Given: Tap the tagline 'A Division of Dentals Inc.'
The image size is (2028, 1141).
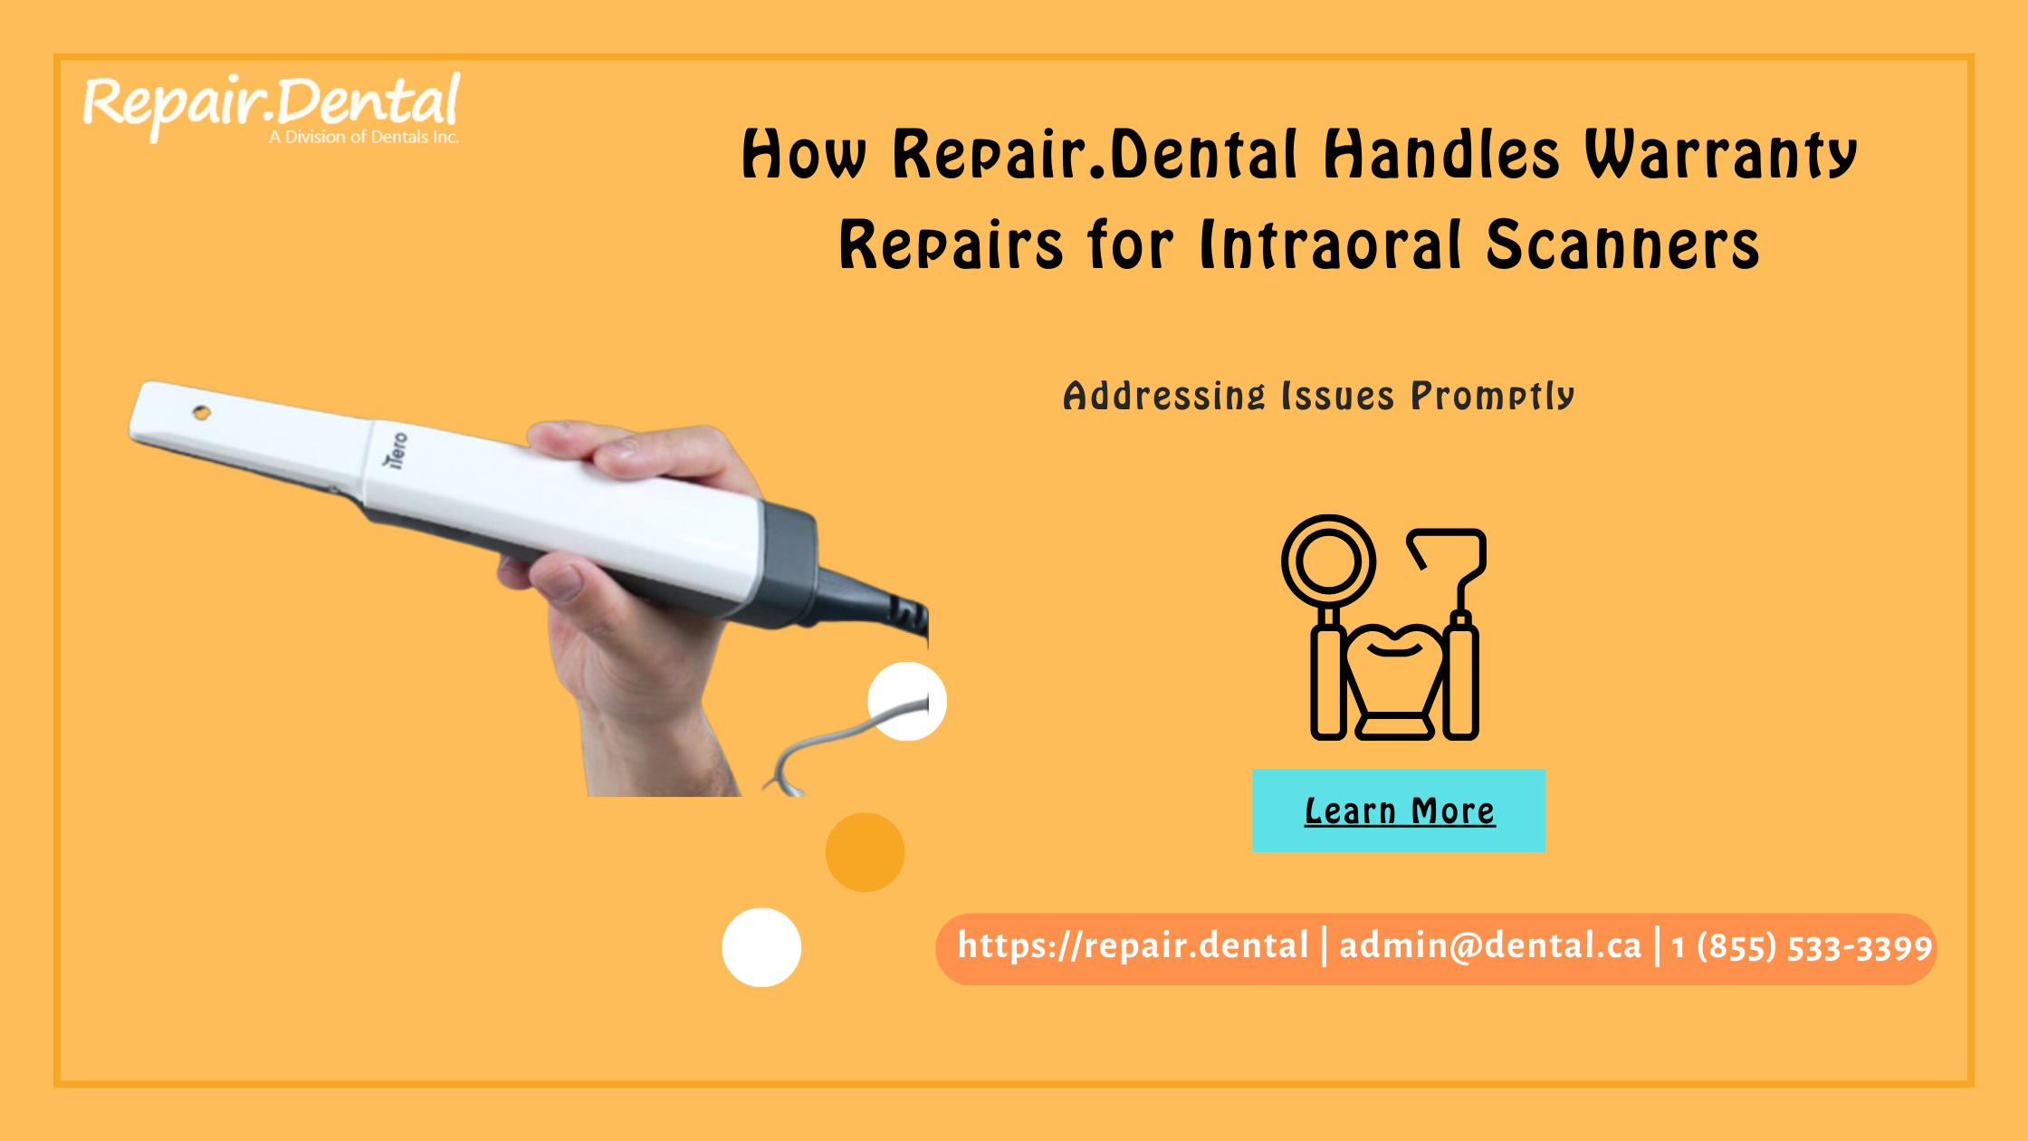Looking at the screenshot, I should [x=364, y=138].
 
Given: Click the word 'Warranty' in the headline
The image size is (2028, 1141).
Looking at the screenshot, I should [x=1720, y=154].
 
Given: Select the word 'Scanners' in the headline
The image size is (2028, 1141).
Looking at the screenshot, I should [x=1622, y=244].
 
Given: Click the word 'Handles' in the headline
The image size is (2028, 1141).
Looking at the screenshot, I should [x=1441, y=154].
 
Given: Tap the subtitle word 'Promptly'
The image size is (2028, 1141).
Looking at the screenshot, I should [x=1493, y=397].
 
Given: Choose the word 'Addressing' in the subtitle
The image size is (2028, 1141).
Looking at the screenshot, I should [x=1163, y=397].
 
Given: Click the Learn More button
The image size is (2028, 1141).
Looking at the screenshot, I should [x=1399, y=810].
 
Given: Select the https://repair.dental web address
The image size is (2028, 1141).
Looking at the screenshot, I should [x=1133, y=946].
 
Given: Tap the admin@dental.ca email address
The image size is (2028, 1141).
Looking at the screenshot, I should [x=1490, y=946].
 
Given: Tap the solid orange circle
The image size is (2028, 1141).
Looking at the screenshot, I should [x=865, y=852].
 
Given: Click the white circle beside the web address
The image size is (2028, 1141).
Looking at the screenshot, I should [x=761, y=947].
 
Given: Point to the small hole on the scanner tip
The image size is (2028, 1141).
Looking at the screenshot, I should [x=202, y=413].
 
